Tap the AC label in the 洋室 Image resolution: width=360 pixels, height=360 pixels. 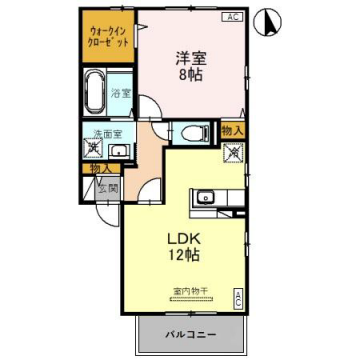(230, 17)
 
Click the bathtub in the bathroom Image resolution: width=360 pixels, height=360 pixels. (94, 94)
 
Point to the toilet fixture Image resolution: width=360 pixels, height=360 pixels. (189, 133)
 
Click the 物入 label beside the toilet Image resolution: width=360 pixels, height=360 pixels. (232, 131)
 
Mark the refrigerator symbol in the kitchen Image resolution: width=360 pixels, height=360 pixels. (233, 154)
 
